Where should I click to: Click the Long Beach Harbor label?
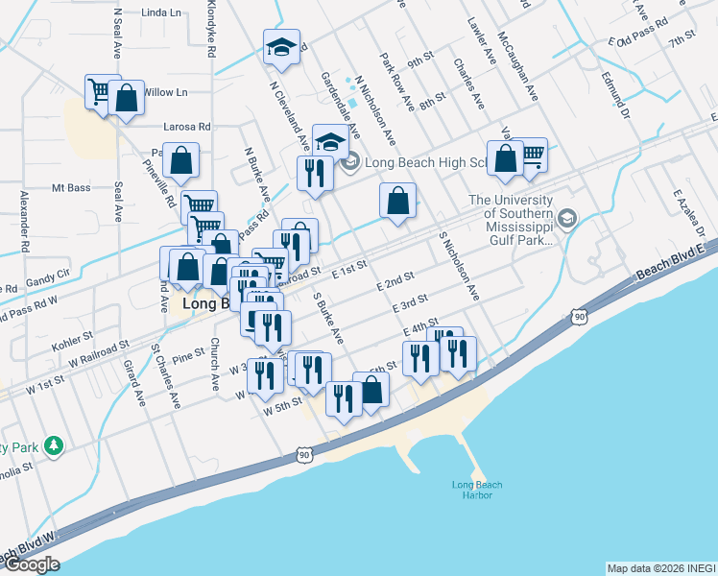point(476,490)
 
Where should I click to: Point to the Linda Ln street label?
point(160,13)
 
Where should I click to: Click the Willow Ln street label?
point(166,92)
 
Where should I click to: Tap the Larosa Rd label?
point(188,127)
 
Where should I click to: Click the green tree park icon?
point(55,445)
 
